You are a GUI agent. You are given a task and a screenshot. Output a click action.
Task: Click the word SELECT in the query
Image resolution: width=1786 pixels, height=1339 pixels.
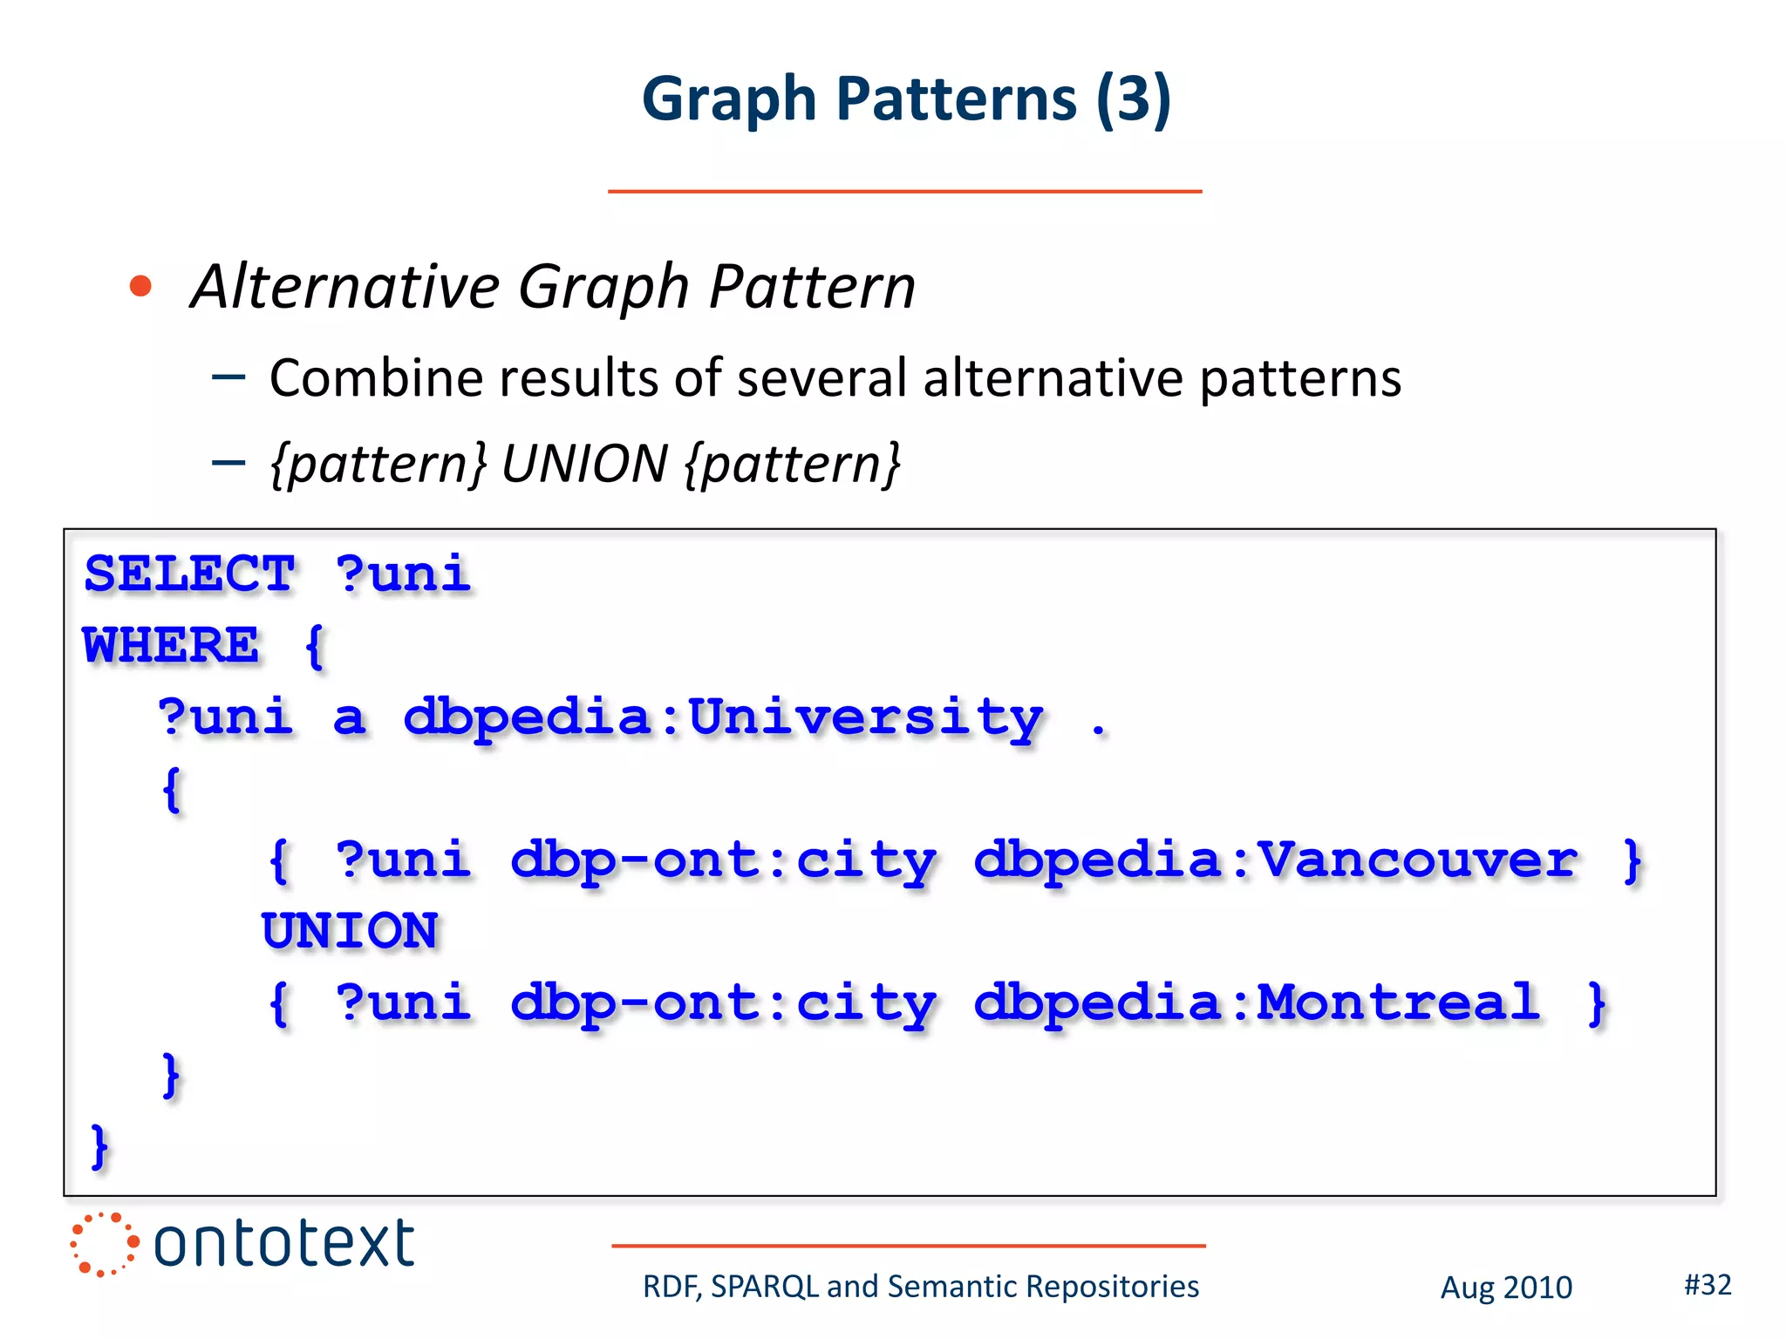[189, 574]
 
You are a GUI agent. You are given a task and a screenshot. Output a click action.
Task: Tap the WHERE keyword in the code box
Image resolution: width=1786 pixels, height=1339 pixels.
[171, 645]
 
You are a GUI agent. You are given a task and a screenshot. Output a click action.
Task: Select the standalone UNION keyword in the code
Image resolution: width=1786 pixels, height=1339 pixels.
[350, 930]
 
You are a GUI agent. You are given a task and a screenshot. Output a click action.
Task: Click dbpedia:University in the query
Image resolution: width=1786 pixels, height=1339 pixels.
[723, 718]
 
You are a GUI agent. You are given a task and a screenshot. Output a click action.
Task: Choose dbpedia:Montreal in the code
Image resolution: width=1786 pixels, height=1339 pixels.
[1256, 1003]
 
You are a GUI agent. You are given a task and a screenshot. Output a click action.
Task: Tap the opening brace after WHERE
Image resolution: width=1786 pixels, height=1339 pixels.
[314, 645]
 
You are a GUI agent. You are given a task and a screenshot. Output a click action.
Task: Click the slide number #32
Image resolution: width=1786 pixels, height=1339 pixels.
[1707, 1284]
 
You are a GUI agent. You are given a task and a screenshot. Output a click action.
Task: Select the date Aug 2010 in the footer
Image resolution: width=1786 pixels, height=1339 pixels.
[1505, 1287]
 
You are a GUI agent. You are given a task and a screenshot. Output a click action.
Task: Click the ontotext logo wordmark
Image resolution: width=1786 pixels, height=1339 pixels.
[283, 1243]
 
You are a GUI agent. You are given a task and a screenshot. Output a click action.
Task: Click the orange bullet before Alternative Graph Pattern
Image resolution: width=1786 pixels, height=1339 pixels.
[140, 286]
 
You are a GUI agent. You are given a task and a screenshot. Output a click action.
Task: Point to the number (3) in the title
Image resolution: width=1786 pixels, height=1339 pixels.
[1133, 99]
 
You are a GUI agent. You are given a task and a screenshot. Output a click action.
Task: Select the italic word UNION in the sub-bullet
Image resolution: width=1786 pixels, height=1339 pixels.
[584, 463]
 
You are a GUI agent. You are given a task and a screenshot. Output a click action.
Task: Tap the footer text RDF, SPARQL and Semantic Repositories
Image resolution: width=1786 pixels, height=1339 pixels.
[920, 1287]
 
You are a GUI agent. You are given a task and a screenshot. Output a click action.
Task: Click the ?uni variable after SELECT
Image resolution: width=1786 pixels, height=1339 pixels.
[403, 574]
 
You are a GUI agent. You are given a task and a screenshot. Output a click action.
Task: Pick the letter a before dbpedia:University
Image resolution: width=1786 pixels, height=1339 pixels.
[349, 718]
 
